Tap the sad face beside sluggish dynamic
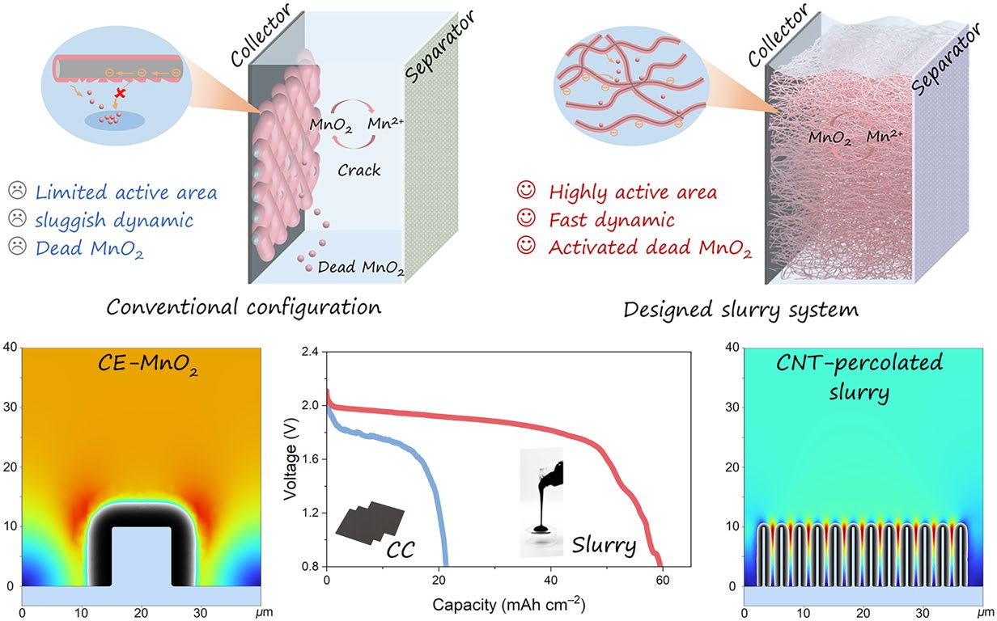click(x=16, y=218)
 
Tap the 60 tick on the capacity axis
click(x=663, y=582)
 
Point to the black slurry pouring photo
click(x=541, y=501)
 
